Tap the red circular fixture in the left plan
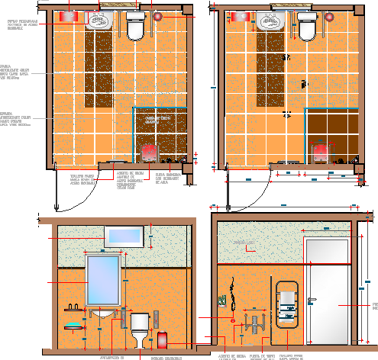(x=158, y=16)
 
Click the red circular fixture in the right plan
(x=330, y=16)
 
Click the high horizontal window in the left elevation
(x=124, y=237)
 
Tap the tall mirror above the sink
(x=103, y=280)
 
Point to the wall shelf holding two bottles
(x=74, y=308)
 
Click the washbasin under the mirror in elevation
(x=103, y=313)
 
